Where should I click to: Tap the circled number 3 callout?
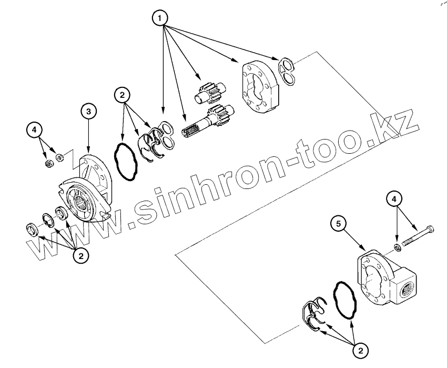[x=88, y=112]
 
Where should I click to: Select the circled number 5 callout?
[x=339, y=224]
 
